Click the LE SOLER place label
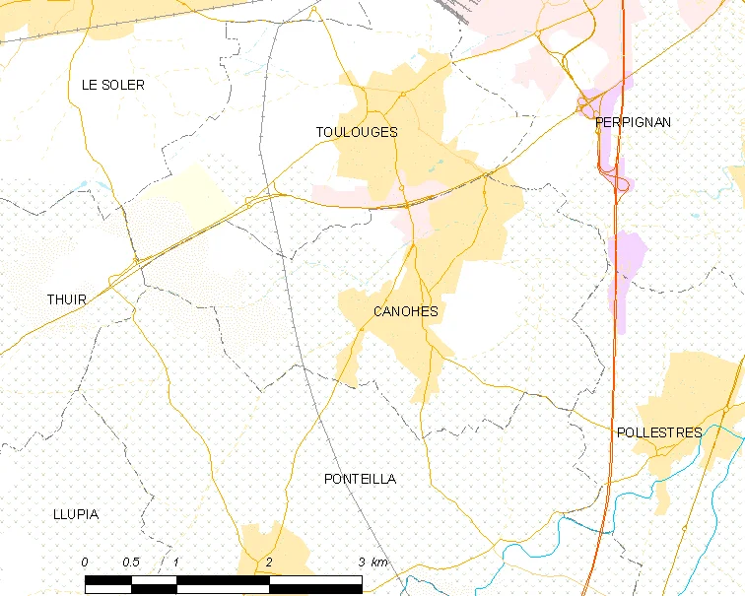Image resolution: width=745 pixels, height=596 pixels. pos(112,86)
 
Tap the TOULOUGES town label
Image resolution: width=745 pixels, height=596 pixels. pos(357,132)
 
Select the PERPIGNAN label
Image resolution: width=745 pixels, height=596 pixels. pos(633,122)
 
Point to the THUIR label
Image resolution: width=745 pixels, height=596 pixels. pos(67,299)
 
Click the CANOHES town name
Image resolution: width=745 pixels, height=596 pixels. pos(405,311)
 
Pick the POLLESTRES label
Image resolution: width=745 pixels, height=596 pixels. pos(658,432)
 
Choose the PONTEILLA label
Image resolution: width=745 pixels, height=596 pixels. pos(360,479)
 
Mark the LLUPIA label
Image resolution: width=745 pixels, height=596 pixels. pos(76,514)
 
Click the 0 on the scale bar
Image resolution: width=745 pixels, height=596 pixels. pos(85,563)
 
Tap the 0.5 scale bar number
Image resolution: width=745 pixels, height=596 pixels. pos(130,563)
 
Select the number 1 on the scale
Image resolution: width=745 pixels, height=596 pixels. pos(175,563)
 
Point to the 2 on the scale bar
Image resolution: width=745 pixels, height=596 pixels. pos(268,563)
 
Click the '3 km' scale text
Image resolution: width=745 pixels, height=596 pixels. pos(372,563)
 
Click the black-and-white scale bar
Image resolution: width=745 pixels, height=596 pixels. pos(223,583)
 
